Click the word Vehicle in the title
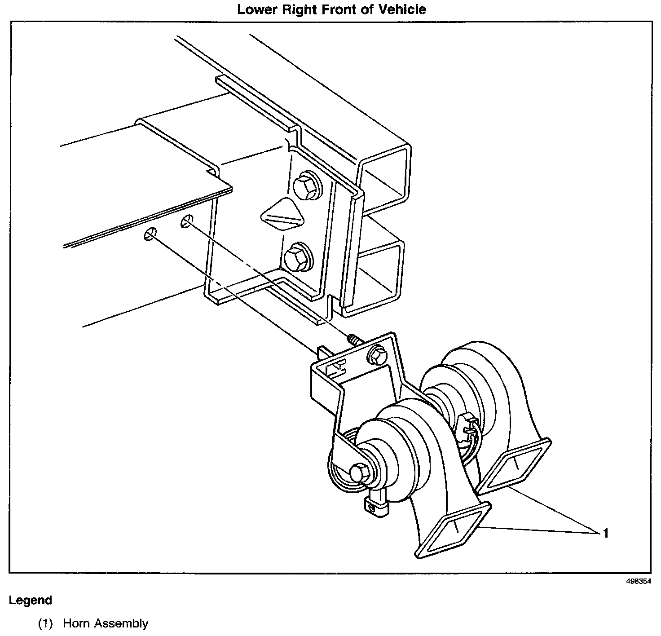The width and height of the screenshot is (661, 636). (x=402, y=9)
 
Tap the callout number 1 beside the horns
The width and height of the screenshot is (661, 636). (x=606, y=533)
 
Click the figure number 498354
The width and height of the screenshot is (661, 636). (x=639, y=581)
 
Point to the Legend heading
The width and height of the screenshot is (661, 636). (x=31, y=601)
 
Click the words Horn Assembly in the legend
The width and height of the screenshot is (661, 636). (x=106, y=623)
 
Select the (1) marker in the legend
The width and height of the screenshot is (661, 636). (x=45, y=623)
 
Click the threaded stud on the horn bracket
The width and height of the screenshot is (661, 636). (x=355, y=340)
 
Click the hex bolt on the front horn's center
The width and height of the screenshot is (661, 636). (x=358, y=472)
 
